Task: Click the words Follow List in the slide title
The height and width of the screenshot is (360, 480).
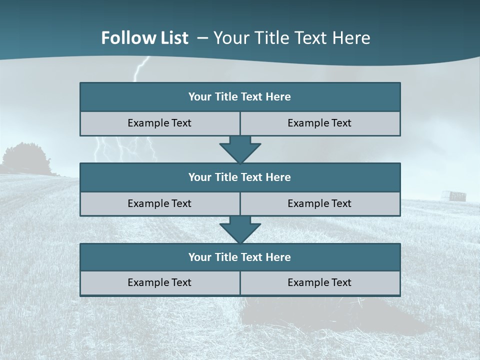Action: click(x=144, y=38)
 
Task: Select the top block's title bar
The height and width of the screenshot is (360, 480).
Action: click(x=240, y=97)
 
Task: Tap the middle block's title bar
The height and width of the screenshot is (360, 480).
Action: click(x=240, y=177)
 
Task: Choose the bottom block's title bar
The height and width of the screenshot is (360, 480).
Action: click(x=240, y=257)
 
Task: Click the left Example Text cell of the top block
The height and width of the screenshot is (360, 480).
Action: click(x=159, y=123)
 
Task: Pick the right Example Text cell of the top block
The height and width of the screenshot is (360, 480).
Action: click(x=319, y=123)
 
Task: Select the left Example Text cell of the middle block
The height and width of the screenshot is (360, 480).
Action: click(x=159, y=203)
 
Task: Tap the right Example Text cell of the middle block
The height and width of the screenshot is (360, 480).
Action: click(x=319, y=203)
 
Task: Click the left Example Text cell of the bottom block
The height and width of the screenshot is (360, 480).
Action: click(x=159, y=282)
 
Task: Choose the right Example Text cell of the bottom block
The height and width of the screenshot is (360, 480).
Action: click(x=319, y=282)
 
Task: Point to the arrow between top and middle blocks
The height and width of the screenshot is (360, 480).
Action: click(x=240, y=149)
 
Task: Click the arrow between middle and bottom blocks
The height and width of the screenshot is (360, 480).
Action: click(x=240, y=229)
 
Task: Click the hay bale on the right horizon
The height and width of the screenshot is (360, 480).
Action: click(x=457, y=195)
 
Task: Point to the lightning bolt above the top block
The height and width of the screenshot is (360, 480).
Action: click(x=141, y=67)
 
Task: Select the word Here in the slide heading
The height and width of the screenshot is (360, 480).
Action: click(x=353, y=38)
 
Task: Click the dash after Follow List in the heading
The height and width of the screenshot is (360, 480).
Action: click(x=202, y=38)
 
